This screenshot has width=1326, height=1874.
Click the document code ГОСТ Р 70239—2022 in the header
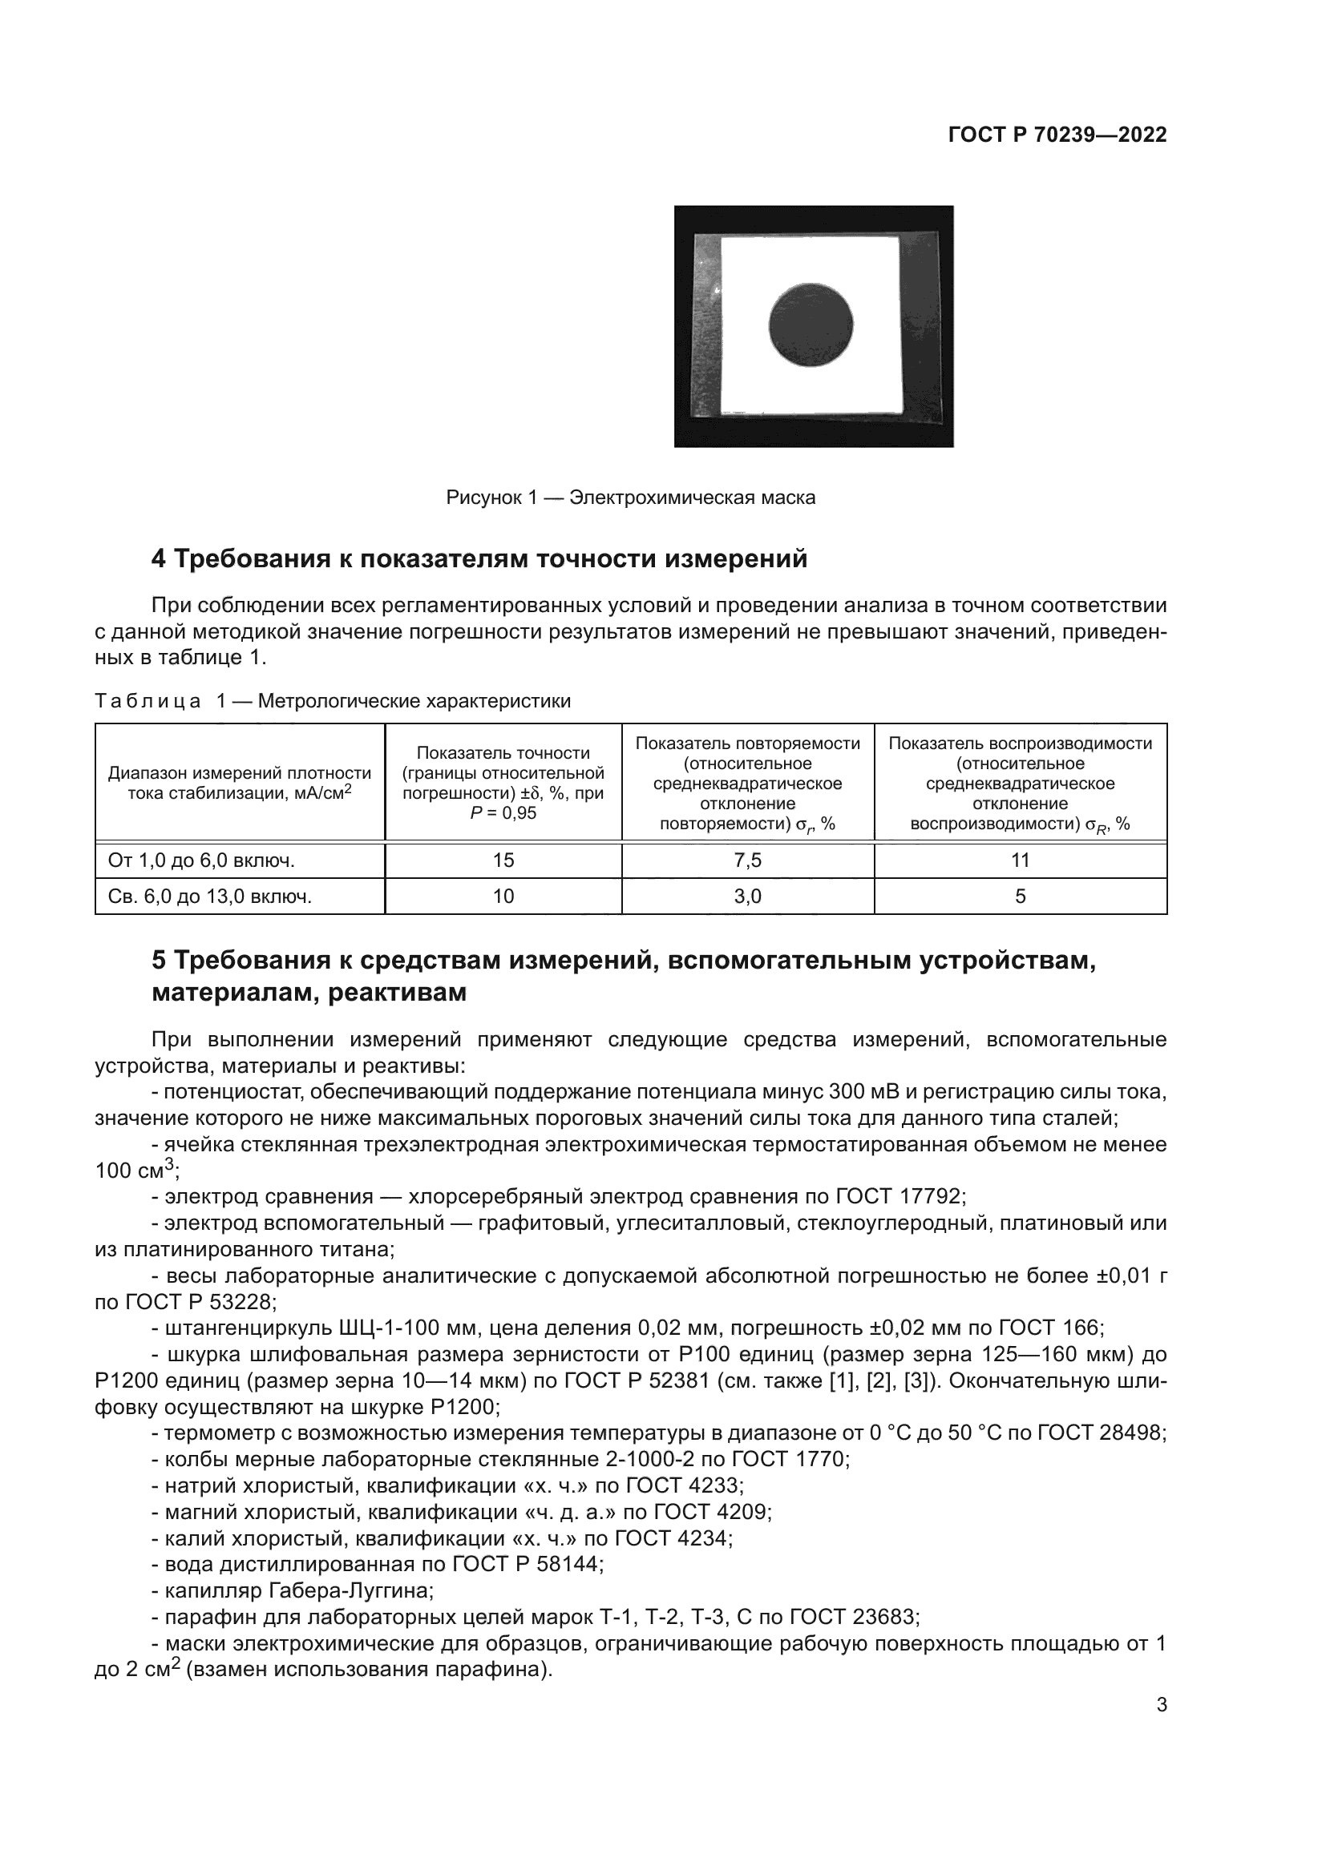coord(1057,135)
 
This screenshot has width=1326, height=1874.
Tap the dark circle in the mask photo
coord(811,324)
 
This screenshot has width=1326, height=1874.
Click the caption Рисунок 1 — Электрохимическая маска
coord(630,497)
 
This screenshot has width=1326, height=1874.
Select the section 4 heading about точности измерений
coord(479,559)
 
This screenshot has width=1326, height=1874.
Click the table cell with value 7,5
coord(747,860)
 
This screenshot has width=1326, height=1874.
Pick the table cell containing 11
coord(1020,860)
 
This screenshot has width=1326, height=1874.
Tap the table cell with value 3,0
coord(747,897)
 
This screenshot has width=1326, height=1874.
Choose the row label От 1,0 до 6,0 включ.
coord(201,860)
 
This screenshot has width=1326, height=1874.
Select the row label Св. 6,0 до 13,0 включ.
coord(210,897)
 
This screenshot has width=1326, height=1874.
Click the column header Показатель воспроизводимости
coord(1020,744)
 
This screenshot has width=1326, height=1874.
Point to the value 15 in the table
coord(503,860)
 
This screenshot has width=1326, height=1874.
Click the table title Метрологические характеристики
coord(414,701)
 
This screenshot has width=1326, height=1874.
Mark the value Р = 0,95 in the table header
coord(503,813)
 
